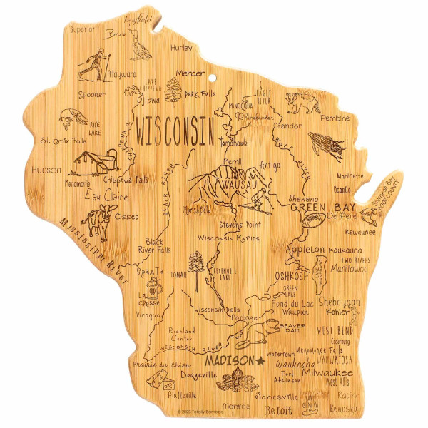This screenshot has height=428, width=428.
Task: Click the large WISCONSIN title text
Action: (175, 131)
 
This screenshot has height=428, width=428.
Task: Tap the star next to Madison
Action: (260, 361)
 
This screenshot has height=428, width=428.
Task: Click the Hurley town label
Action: (182, 48)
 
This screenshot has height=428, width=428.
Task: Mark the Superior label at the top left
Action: (83, 29)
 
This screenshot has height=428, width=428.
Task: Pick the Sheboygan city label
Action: (341, 302)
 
